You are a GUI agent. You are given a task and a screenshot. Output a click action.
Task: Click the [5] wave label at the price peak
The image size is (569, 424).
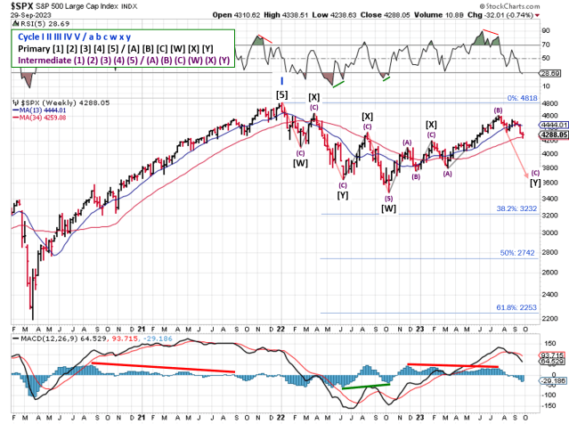[x=281, y=94]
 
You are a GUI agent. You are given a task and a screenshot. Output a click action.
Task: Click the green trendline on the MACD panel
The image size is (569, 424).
[x=364, y=386]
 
